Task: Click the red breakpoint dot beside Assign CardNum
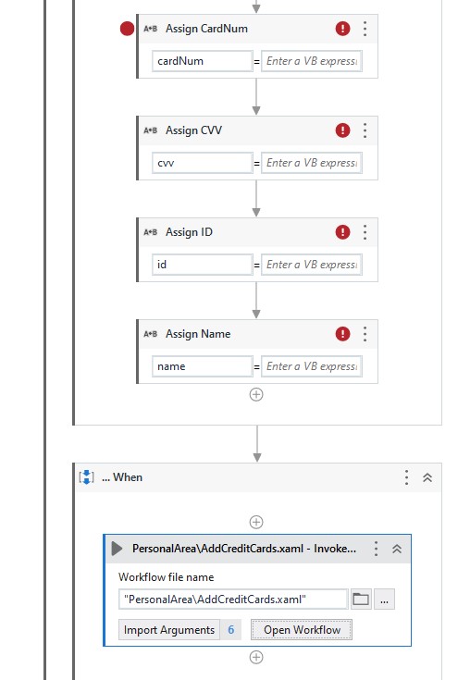[128, 29]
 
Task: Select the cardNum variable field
[203, 61]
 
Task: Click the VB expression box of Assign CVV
[312, 163]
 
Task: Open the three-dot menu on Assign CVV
[365, 130]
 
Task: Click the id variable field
[203, 265]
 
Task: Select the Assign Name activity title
[198, 334]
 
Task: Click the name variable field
[203, 366]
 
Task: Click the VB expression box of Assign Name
[312, 366]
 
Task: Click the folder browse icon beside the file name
[361, 600]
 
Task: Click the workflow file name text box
[233, 600]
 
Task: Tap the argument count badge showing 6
[231, 630]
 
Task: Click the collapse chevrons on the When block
[427, 477]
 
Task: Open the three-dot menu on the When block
[406, 477]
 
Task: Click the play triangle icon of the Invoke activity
[117, 549]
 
